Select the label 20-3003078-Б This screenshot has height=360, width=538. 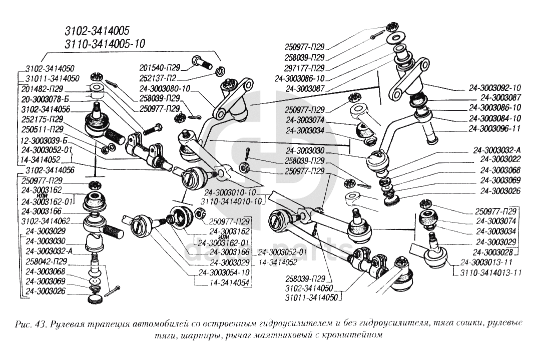47,98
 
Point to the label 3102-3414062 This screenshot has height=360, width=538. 46,220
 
